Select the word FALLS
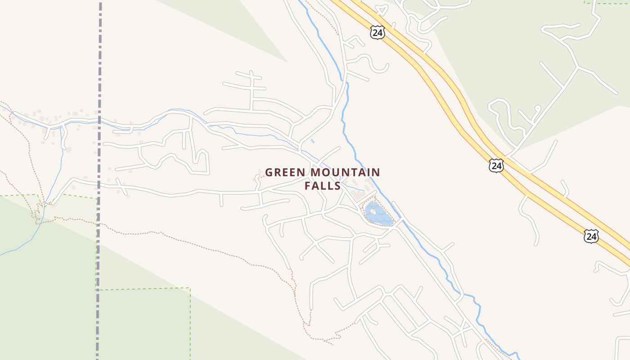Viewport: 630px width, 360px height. tap(322, 185)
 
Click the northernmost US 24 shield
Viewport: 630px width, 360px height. tap(378, 32)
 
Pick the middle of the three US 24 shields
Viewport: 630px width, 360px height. tap(496, 166)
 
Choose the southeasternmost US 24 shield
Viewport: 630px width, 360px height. tap(591, 236)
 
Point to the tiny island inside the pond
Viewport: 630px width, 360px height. tap(373, 211)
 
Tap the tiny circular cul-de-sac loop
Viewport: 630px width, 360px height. tap(537, 108)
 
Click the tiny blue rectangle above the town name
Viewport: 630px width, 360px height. tap(312, 141)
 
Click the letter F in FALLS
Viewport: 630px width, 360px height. tap(308, 185)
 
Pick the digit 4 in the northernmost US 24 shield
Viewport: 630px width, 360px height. tap(380, 32)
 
